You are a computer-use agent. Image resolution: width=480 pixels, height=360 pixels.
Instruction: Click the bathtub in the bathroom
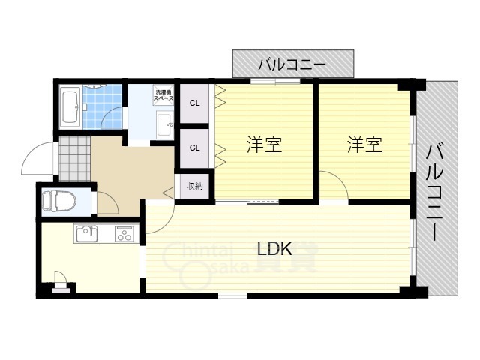point(73,106)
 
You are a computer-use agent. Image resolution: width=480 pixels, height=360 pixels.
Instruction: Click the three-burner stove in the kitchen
point(123,235)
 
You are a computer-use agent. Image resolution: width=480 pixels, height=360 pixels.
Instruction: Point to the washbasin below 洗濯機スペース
point(164,123)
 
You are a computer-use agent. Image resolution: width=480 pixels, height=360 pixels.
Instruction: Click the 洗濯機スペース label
point(164,94)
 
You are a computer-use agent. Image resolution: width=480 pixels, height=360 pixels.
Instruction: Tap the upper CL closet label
point(194,103)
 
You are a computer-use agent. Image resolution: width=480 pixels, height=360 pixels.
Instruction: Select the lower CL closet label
point(194,148)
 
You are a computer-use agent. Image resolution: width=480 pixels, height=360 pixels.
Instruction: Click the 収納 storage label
point(194,186)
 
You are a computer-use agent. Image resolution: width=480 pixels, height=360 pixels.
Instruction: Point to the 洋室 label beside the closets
point(264,145)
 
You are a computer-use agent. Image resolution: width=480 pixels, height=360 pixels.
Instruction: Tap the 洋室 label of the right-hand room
point(364,145)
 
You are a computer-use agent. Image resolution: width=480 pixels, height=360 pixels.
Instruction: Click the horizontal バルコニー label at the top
point(292,64)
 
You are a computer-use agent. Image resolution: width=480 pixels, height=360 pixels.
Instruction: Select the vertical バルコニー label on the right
point(434,191)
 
